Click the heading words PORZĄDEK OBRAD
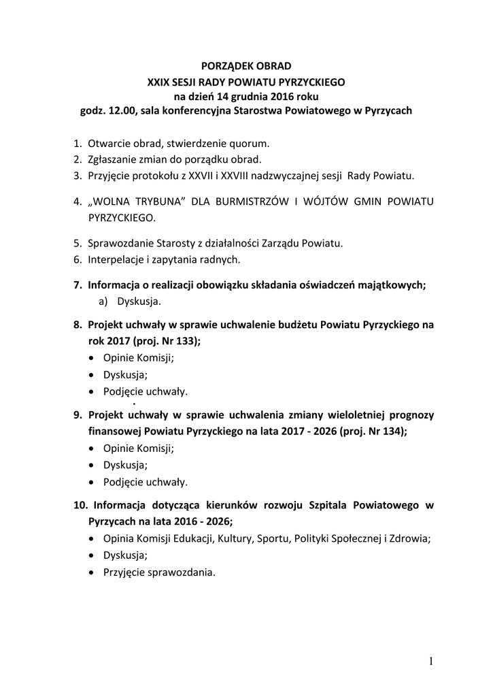246,66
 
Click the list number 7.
77,285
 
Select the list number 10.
80,506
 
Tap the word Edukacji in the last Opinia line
193,539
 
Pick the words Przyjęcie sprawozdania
159,572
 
